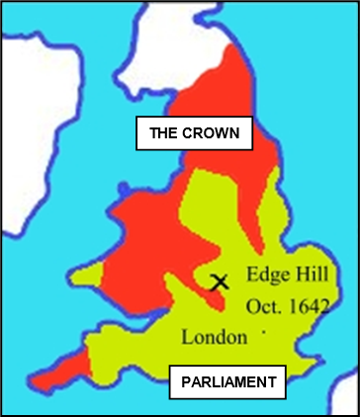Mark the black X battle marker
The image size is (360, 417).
(220, 281)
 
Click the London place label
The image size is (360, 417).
(214, 337)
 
